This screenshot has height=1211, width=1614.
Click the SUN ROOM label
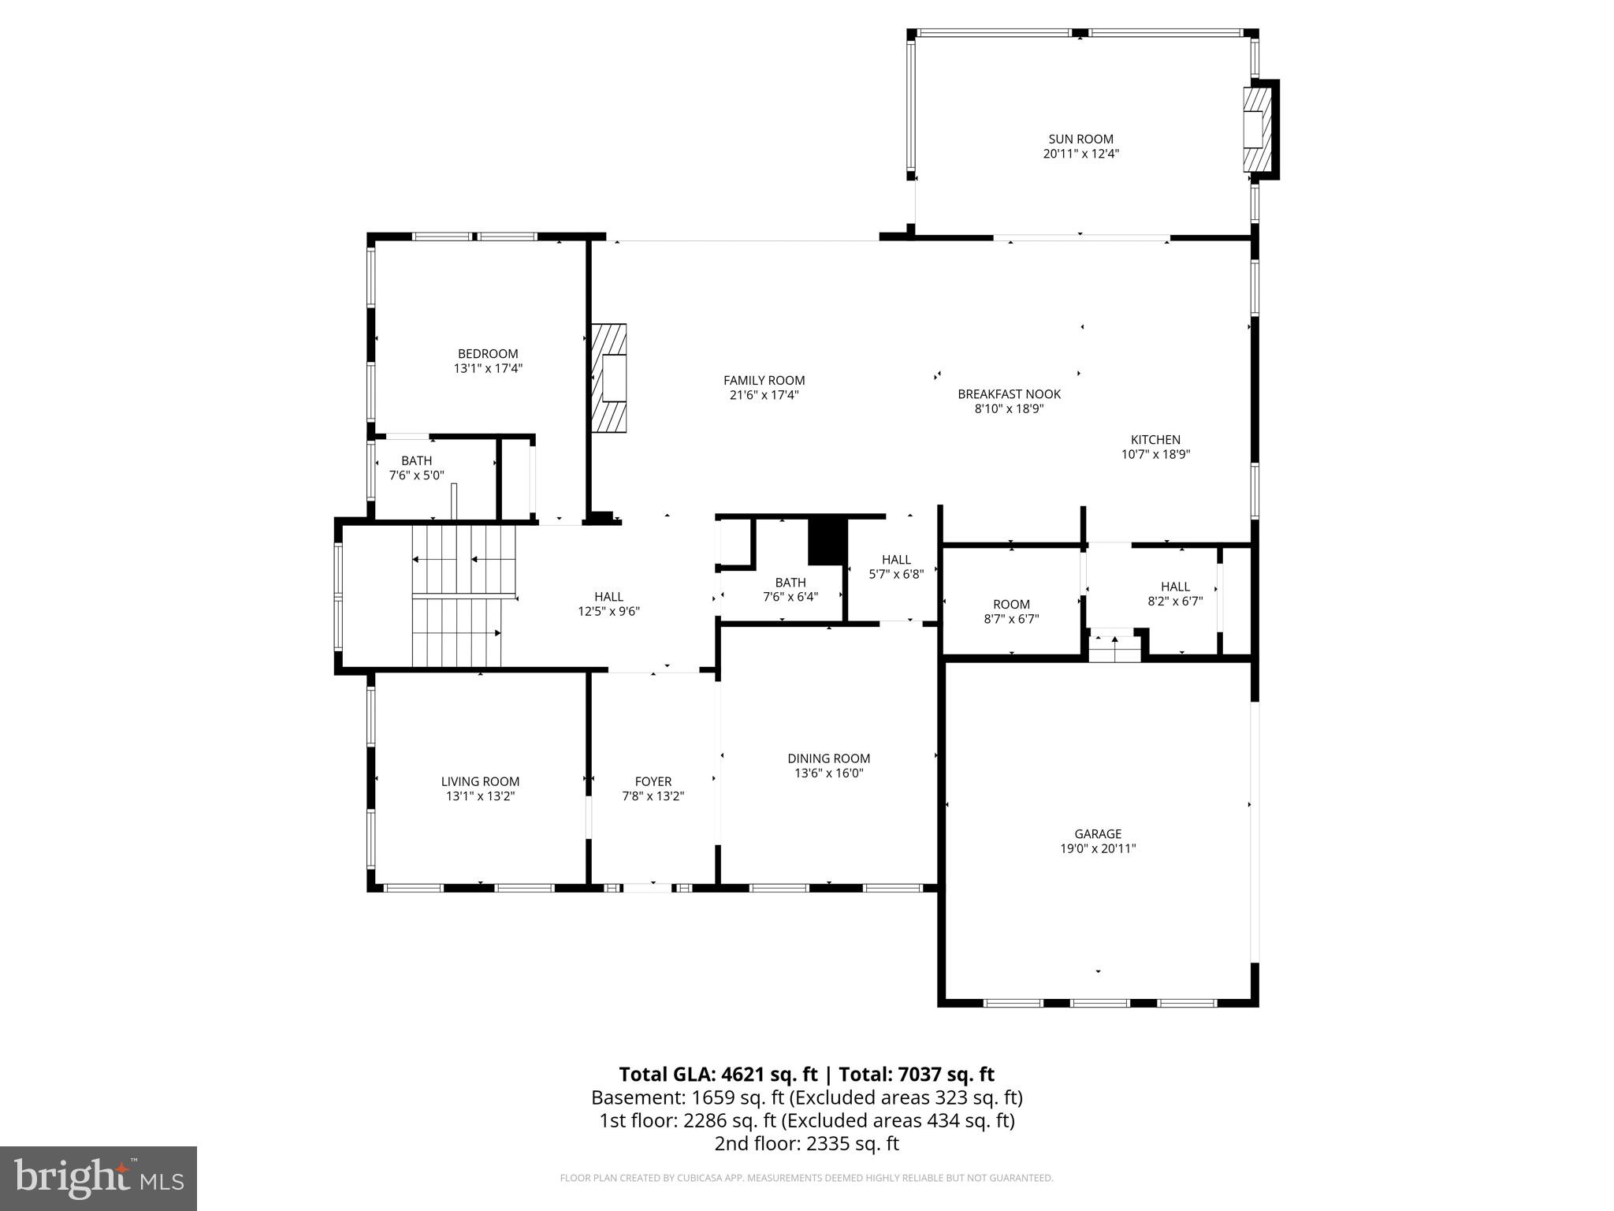1080,139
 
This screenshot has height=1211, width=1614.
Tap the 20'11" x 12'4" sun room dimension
1080,154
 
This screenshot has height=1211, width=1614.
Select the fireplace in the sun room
1258,129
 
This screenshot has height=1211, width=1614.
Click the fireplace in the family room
610,378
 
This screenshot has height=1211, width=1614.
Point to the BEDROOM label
488,353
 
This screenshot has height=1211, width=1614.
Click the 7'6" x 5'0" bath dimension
416,475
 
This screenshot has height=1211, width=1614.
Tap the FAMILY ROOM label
764,380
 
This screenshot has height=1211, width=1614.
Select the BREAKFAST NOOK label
1009,393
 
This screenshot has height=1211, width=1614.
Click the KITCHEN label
1155,439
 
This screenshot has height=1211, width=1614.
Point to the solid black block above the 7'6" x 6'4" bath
827,541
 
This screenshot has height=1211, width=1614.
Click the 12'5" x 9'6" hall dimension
608,611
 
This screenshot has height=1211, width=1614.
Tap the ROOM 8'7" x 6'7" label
1011,605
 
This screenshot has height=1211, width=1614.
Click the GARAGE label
1097,833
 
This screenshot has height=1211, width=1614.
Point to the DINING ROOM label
828,758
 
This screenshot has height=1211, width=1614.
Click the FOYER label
653,781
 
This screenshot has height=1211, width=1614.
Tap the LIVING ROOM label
480,781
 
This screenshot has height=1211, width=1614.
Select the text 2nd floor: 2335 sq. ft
806,1143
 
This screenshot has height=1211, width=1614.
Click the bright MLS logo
99,1178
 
